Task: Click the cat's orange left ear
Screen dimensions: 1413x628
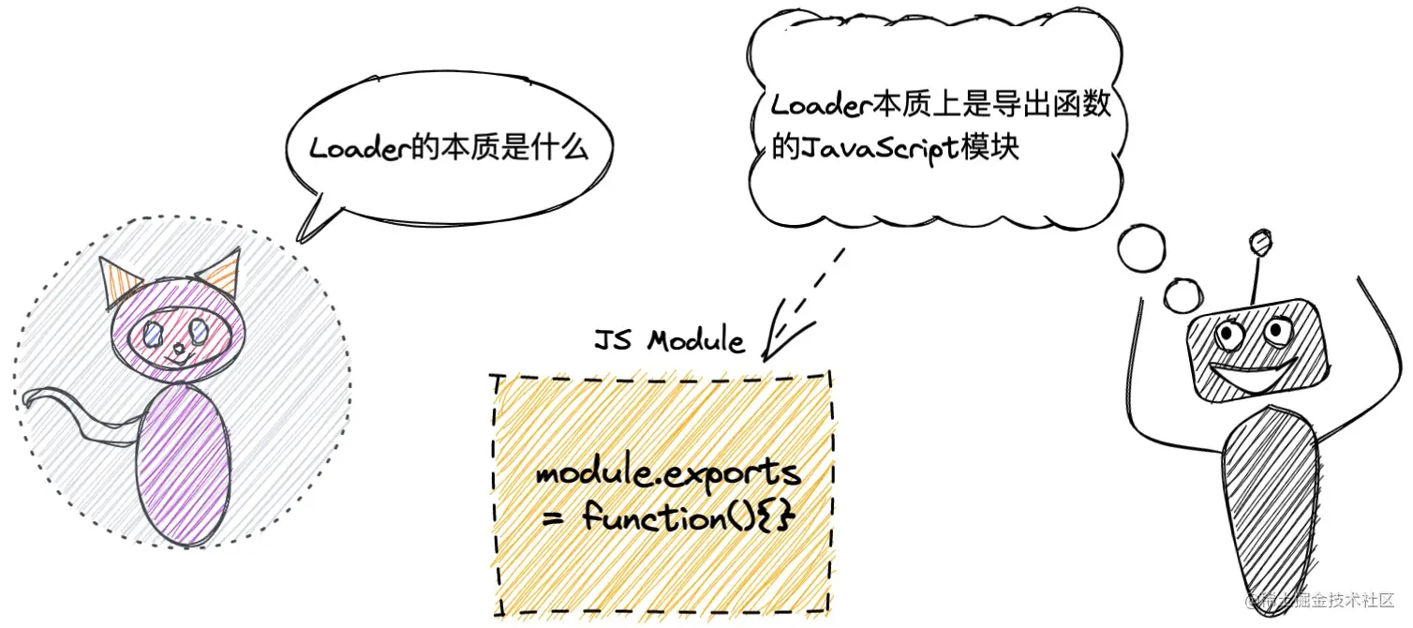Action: click(119, 282)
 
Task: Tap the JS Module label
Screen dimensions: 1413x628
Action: click(669, 340)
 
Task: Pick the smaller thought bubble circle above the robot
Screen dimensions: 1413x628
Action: click(1182, 296)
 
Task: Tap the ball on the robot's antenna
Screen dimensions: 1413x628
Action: click(1260, 242)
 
